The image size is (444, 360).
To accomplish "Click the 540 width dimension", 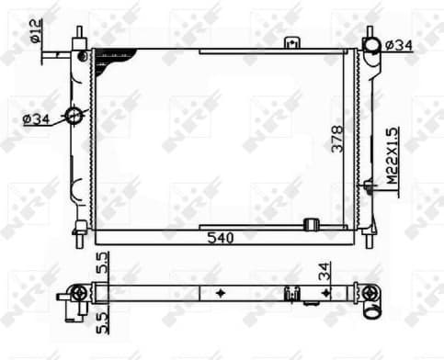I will pos(221,239).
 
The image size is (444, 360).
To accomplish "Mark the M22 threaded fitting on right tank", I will pos(369,189).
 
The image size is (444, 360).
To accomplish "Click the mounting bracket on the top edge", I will pos(292,42).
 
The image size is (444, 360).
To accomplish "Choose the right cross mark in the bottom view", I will pos(324,294).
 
